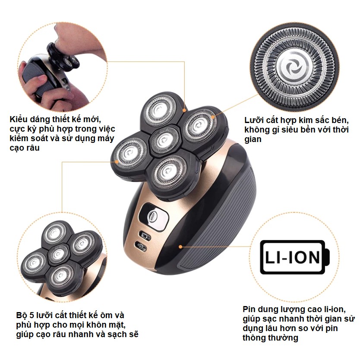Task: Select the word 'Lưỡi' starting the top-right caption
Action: pyautogui.click(x=254, y=120)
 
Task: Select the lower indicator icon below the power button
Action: pyautogui.click(x=142, y=247)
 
